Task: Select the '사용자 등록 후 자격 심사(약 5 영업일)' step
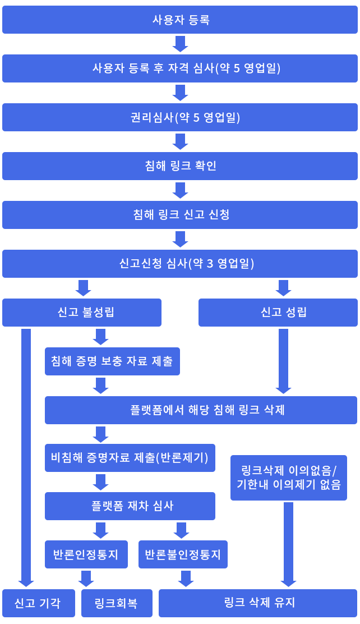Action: pos(186,68)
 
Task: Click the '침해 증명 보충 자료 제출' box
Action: pos(112,361)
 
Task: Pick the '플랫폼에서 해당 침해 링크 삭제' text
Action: pos(207,410)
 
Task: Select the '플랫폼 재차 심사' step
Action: pos(132,506)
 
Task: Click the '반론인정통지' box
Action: pos(86,555)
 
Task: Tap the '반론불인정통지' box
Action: pos(182,555)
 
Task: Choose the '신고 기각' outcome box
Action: pos(38,604)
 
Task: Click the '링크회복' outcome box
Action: pos(116,604)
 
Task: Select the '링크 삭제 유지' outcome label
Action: pos(259,603)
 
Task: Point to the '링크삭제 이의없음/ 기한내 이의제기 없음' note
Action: pos(289,478)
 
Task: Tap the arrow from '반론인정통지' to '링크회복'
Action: pos(86,579)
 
